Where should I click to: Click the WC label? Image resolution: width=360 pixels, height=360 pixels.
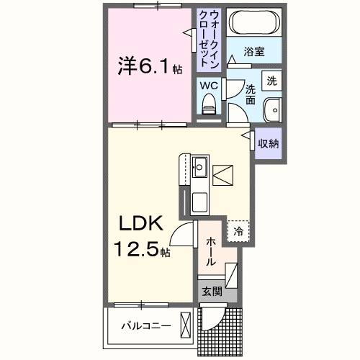point(208,85)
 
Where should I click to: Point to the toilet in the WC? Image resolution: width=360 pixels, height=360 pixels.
point(209,105)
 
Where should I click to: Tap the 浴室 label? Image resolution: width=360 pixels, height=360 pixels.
point(253,52)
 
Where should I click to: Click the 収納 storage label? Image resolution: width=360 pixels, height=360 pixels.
point(269,143)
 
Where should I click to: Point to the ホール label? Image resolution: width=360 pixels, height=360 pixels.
point(210,253)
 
